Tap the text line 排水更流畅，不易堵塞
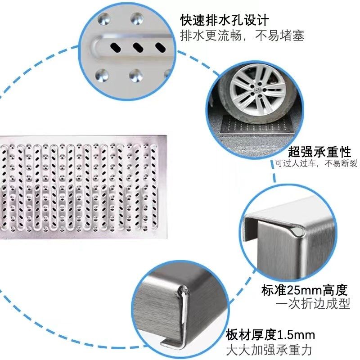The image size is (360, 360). coord(242,36)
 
